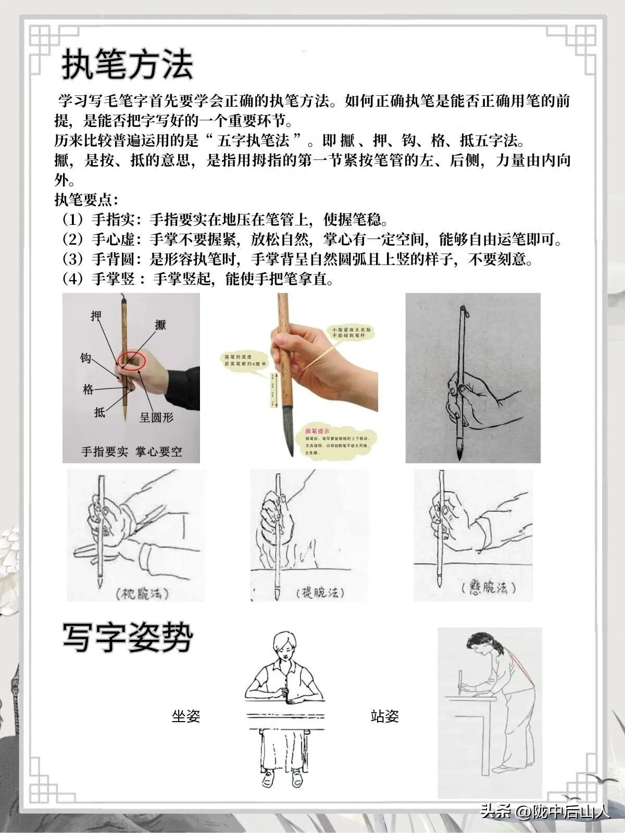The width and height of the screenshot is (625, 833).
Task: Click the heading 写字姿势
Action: pos(128,637)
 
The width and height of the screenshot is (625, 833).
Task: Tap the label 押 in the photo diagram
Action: pos(96,316)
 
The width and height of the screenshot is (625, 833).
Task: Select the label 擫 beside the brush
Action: pos(160,324)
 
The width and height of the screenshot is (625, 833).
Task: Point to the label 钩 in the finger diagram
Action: pos(86,358)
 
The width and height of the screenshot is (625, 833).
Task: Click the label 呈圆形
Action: pos(156,417)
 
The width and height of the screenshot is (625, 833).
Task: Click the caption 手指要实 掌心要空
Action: pos(131,451)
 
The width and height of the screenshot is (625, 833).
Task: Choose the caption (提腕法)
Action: pos(319,593)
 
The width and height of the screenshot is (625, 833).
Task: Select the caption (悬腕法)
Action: pos(488,588)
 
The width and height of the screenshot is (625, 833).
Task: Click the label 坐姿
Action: pos(186,716)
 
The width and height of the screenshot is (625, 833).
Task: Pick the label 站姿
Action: pos(384,716)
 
